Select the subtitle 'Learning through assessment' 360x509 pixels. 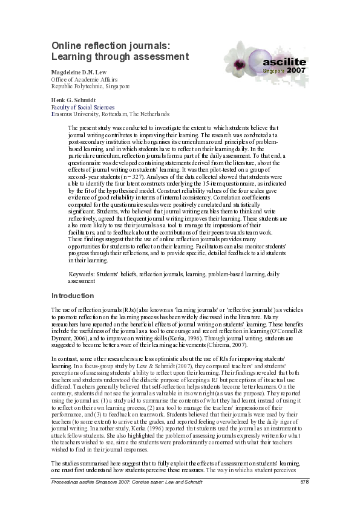[120, 57]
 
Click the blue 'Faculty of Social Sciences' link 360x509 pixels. [82, 106]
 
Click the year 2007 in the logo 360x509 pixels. [296, 71]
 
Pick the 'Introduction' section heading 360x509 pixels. [73, 296]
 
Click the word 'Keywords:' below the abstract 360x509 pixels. [83, 275]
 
